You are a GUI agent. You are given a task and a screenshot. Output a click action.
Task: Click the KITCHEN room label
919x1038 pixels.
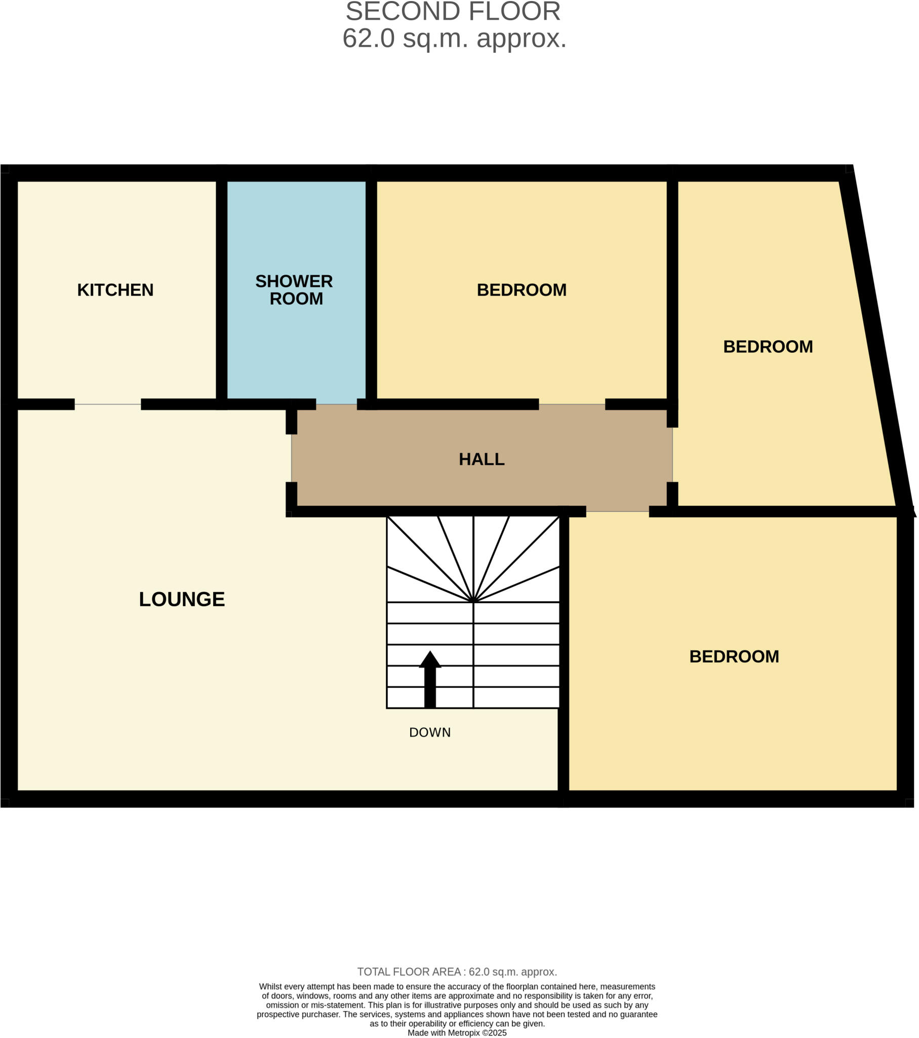point(115,290)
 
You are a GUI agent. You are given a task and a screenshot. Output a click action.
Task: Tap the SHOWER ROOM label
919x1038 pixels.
point(294,290)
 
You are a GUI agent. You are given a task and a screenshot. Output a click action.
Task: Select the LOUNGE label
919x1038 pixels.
point(182,599)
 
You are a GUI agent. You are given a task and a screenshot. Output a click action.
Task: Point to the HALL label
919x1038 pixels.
point(482,460)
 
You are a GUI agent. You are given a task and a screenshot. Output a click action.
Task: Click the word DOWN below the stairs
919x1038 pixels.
point(430,732)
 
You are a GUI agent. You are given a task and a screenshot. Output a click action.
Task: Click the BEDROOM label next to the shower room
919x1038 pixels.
point(522,290)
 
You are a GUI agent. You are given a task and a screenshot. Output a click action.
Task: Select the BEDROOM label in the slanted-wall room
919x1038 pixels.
point(768,347)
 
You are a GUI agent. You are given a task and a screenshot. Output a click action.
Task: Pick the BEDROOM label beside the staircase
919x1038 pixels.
point(734,657)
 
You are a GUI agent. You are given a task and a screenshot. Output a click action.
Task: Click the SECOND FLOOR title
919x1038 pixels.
point(453,12)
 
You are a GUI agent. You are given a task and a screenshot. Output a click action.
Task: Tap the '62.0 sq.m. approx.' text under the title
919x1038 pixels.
point(454,39)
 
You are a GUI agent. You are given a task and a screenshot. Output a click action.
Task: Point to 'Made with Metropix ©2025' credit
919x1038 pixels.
point(457,1032)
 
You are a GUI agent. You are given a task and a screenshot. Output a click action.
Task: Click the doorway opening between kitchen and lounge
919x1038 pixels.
point(107,405)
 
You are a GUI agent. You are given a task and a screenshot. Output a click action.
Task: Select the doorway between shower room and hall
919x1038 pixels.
point(336,405)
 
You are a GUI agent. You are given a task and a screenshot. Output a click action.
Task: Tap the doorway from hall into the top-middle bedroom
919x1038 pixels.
point(572,405)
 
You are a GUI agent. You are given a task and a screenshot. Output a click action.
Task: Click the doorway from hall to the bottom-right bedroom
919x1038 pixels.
point(618,511)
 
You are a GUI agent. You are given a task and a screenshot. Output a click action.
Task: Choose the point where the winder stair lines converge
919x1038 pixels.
point(473,602)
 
